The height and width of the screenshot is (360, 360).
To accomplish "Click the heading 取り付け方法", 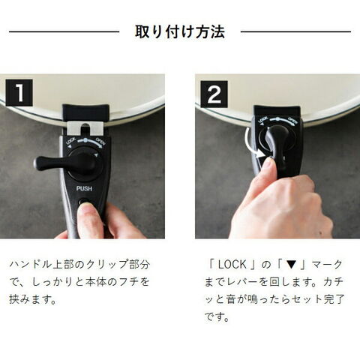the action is (x=180, y=31).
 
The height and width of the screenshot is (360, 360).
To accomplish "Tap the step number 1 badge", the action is (x=19, y=93).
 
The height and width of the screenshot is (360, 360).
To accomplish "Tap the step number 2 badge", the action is (x=214, y=94).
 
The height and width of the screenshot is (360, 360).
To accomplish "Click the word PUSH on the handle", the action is (x=84, y=188).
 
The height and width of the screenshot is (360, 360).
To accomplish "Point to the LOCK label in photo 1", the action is (x=70, y=142).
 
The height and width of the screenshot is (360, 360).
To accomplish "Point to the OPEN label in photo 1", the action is (x=100, y=142).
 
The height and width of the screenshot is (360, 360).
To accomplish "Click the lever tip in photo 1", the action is (x=37, y=163).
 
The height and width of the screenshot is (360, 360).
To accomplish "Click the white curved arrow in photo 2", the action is (x=248, y=142).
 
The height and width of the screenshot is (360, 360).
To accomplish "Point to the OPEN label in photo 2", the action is (x=292, y=121).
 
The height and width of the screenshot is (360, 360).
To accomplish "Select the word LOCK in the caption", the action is (x=232, y=265).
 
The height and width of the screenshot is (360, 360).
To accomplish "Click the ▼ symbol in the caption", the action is (x=291, y=265).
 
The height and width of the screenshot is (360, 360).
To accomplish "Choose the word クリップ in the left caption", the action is (x=104, y=265).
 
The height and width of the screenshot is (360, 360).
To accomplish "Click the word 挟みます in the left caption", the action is (x=29, y=299).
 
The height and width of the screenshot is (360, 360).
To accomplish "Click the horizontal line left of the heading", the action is (x=64, y=31).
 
